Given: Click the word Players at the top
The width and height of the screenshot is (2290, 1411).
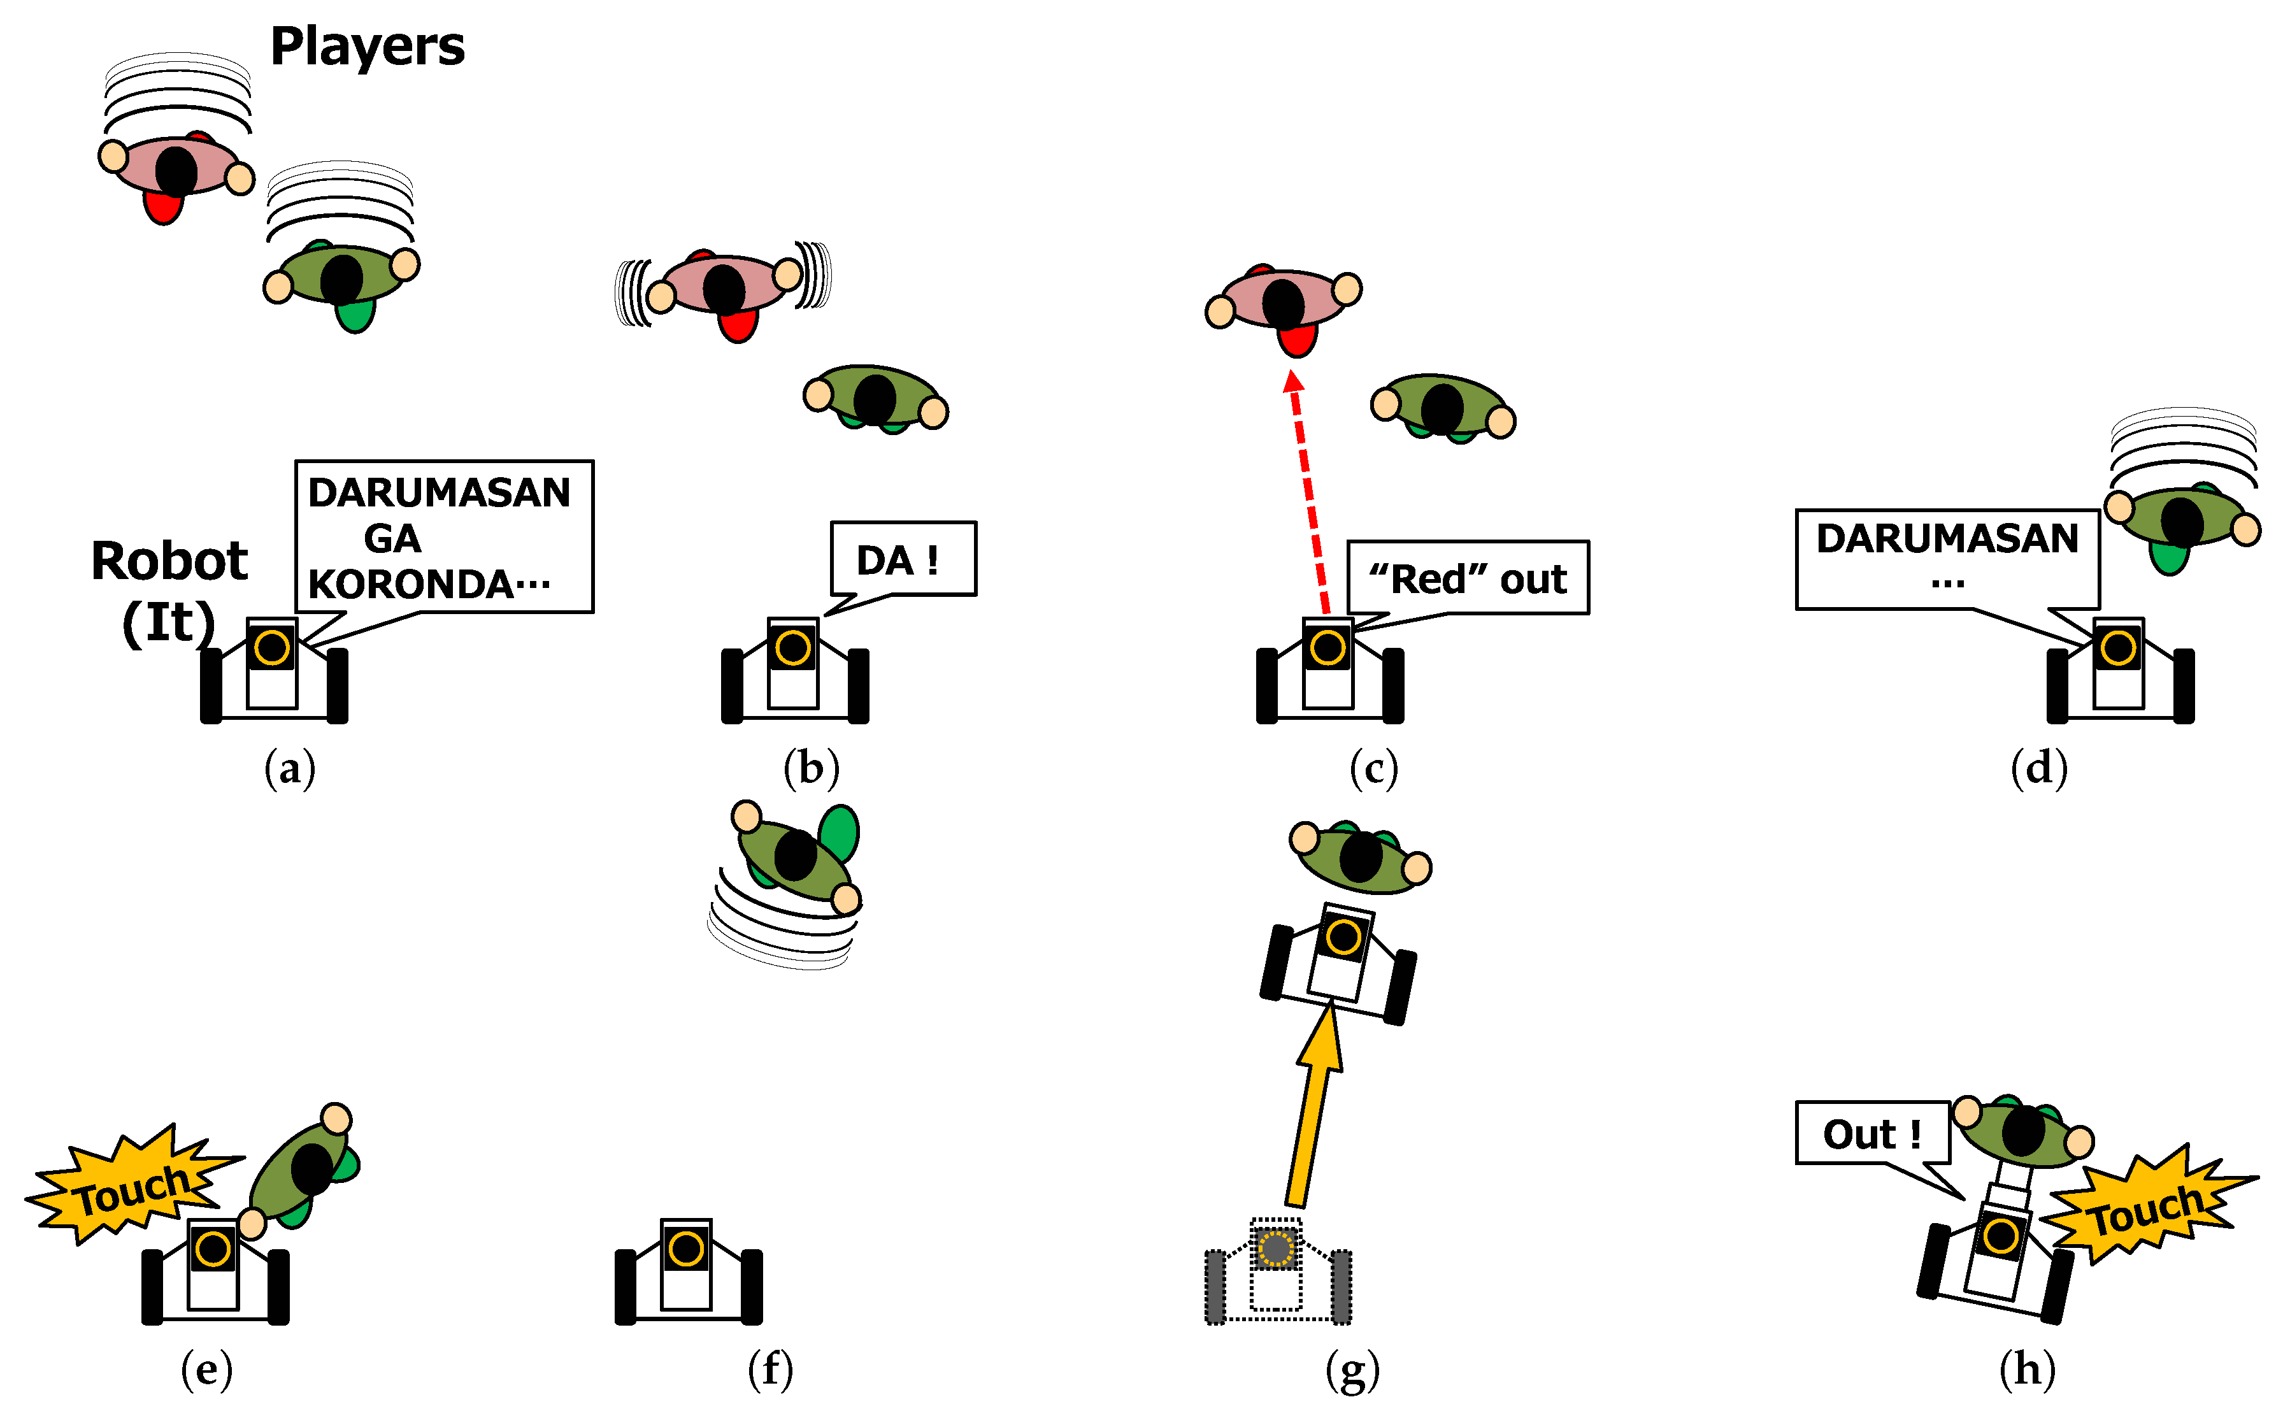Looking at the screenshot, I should pos(367,47).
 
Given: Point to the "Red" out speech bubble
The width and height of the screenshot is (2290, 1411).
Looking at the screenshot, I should pos(1467,578).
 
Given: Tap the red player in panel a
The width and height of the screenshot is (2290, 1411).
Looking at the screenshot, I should pos(175,173).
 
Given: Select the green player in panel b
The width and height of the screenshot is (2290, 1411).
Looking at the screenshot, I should pos(875,399).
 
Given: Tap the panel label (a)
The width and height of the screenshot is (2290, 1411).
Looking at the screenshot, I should pos(289,768).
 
